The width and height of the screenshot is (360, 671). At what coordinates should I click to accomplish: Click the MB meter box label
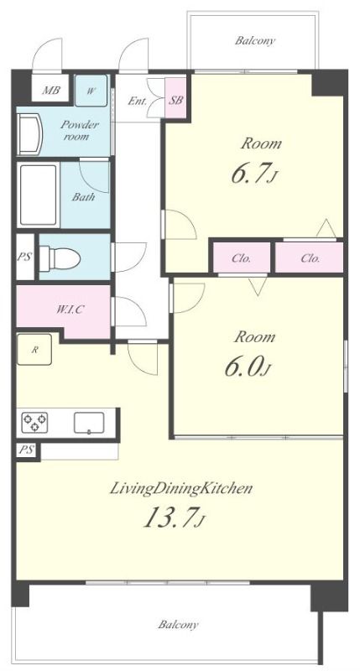coord(50,91)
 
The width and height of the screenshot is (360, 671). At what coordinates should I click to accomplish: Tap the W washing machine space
coord(91,91)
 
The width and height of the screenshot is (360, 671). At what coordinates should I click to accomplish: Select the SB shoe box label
coord(176,100)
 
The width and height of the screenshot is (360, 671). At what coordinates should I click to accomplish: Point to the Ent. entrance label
coord(138,101)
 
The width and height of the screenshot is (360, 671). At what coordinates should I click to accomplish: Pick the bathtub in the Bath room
coord(38,195)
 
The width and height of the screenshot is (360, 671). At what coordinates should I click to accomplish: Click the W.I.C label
coord(70,309)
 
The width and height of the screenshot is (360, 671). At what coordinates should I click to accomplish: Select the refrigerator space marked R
coord(34,350)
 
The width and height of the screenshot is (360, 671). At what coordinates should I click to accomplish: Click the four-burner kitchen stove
coord(34,422)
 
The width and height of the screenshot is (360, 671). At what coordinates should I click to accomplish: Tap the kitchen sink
coord(89,423)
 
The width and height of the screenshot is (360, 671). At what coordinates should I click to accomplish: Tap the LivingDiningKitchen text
coord(180,488)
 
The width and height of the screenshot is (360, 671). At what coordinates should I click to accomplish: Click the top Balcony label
coord(255,41)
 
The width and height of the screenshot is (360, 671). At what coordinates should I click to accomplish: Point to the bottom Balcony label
coord(178,624)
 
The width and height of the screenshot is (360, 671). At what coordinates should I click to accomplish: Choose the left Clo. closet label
coord(242,258)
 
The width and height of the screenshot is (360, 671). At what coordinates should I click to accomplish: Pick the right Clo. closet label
coord(310,258)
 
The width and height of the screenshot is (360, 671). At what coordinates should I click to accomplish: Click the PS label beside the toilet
coord(25,257)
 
